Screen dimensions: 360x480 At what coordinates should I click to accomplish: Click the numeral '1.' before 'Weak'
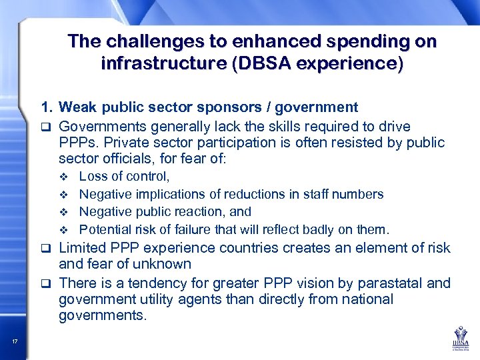(47, 107)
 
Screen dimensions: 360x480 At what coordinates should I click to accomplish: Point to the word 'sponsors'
(235, 107)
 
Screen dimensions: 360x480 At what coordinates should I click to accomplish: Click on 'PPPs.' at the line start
(77, 142)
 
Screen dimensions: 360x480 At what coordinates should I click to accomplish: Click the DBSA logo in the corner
(458, 337)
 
